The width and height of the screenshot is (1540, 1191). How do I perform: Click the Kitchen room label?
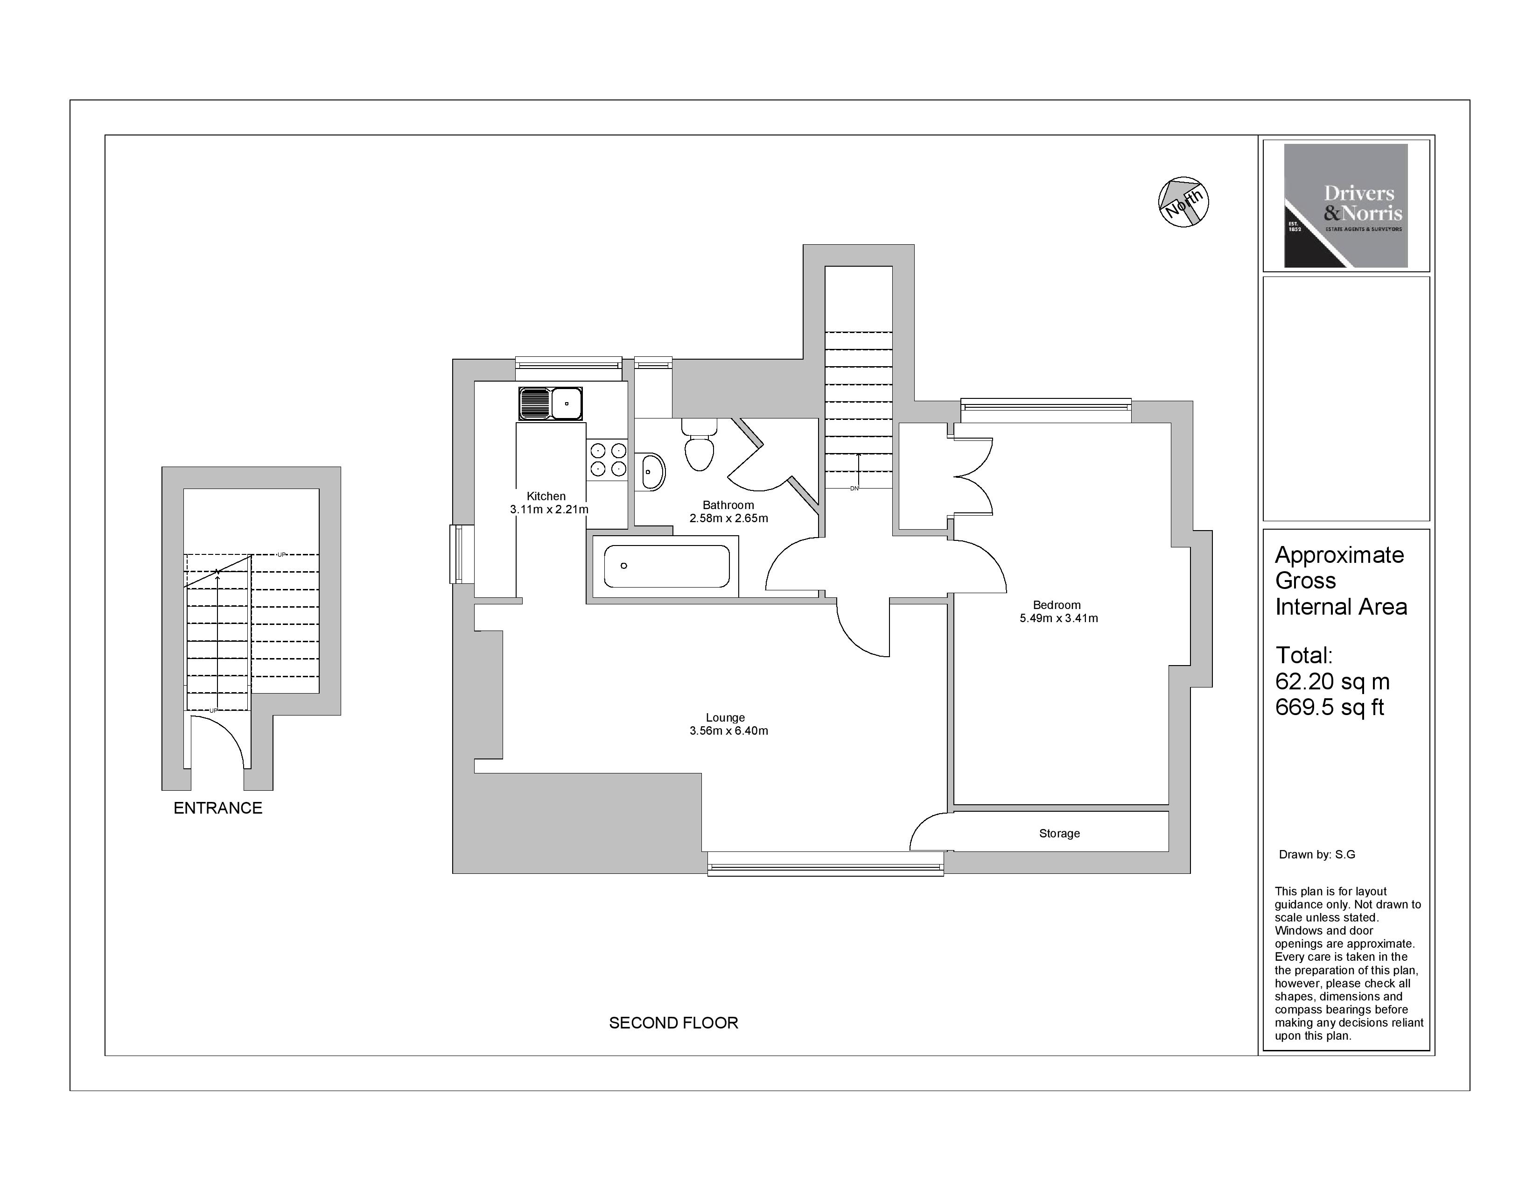pos(546,496)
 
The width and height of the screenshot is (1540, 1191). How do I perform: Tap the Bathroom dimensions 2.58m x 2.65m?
pos(728,518)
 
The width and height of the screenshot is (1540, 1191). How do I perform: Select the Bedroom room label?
pos(1056,605)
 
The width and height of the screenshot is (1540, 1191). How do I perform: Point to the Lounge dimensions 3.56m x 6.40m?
pos(728,730)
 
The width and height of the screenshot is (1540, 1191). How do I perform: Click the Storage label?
pos(1059,833)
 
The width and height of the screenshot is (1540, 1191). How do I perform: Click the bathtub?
pos(666,566)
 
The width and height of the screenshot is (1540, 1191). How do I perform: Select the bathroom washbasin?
pos(652,472)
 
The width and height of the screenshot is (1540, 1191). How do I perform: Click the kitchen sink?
pos(551,404)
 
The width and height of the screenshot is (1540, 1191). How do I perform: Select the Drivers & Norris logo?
pos(1345,206)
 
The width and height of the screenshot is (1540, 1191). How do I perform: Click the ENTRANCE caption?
pos(218,808)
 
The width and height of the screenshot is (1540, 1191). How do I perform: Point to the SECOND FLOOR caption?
pos(673,1022)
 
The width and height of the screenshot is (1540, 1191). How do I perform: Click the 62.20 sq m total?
pos(1332,681)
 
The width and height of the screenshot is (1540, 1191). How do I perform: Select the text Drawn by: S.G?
pos(1316,854)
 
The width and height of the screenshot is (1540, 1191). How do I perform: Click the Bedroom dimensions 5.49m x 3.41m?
pos(1058,618)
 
